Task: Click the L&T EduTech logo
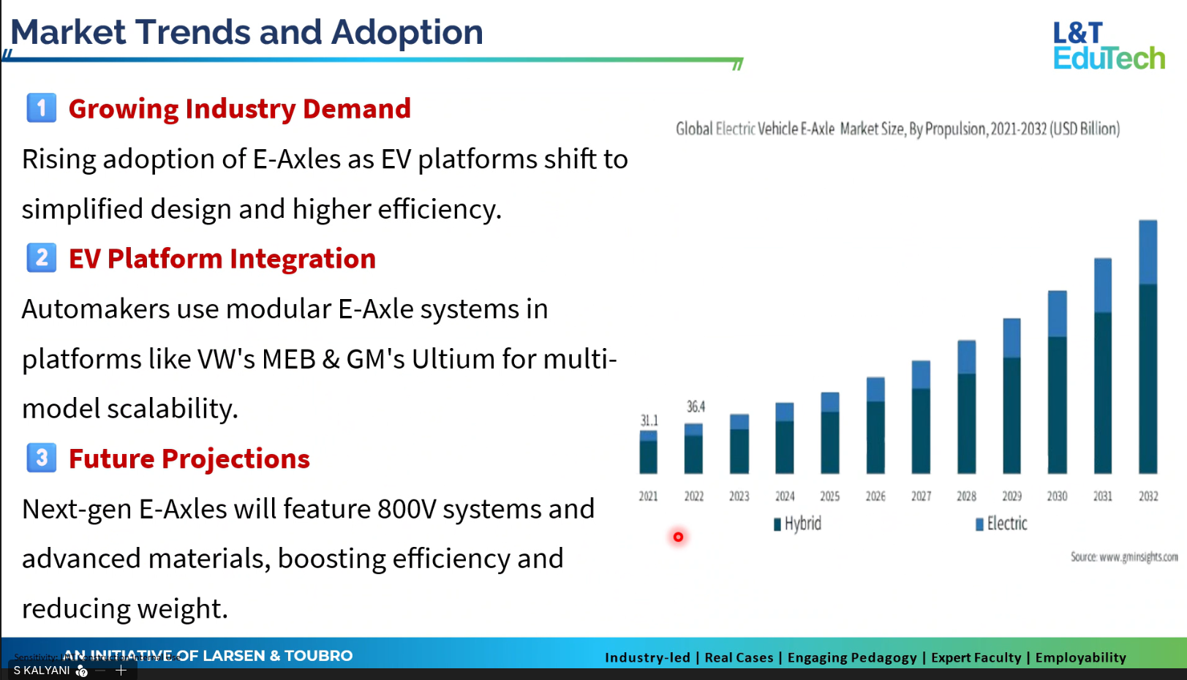click(1108, 45)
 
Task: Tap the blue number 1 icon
click(42, 108)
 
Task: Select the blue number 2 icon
click(42, 258)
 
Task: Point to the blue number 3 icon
click(42, 458)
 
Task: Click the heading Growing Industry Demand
click(239, 109)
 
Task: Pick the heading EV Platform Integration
click(222, 259)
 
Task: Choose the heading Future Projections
click(189, 459)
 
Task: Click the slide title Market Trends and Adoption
click(246, 32)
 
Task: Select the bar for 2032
click(1148, 347)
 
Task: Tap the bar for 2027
click(921, 417)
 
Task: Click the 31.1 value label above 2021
click(649, 420)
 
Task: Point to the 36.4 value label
click(696, 407)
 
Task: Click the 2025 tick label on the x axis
click(829, 496)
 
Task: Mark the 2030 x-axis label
click(1057, 496)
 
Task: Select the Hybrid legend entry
click(798, 524)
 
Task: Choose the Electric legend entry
click(1001, 524)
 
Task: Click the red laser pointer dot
click(678, 537)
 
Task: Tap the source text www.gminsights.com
click(1124, 557)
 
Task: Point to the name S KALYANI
click(42, 670)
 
